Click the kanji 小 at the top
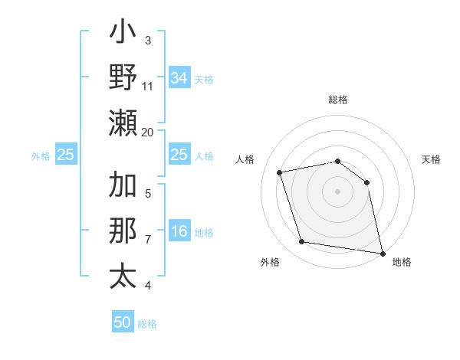click(x=124, y=35)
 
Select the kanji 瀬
click(x=124, y=123)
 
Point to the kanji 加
click(x=124, y=186)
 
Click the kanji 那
click(x=124, y=231)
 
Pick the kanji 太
click(x=124, y=275)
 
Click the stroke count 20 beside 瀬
click(x=148, y=132)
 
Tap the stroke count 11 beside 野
click(x=148, y=86)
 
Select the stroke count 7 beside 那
click(x=148, y=240)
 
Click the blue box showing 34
click(x=179, y=77)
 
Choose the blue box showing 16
click(x=179, y=232)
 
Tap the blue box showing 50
click(x=123, y=323)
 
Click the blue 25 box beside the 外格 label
click(x=66, y=155)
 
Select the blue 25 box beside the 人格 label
click(x=179, y=155)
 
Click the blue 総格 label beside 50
click(x=147, y=324)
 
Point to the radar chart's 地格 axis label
click(x=402, y=262)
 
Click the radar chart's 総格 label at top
click(x=337, y=100)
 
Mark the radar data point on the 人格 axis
click(x=280, y=172)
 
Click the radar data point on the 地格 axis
click(x=382, y=252)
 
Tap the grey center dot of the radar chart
click(x=337, y=191)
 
